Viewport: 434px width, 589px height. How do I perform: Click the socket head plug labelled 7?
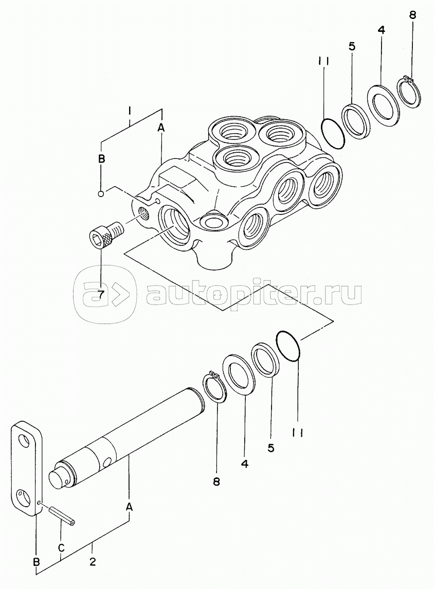click(x=106, y=233)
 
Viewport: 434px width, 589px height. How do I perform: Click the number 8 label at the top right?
click(x=412, y=16)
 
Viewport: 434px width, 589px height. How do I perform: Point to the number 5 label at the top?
click(x=352, y=46)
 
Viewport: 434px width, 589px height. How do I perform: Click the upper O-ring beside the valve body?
click(x=333, y=133)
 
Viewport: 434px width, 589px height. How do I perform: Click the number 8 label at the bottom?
click(x=216, y=481)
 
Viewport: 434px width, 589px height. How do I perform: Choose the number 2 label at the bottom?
click(x=93, y=562)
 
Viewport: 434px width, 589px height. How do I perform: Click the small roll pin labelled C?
click(x=61, y=513)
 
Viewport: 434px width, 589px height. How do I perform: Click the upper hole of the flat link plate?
click(x=25, y=441)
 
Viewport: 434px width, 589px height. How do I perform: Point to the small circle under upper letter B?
click(x=101, y=193)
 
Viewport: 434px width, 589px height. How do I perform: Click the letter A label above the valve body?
click(x=161, y=128)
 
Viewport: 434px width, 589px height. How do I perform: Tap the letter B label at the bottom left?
click(x=37, y=561)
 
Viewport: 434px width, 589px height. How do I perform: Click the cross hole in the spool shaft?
click(x=108, y=461)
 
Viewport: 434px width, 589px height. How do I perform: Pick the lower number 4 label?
click(x=244, y=464)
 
